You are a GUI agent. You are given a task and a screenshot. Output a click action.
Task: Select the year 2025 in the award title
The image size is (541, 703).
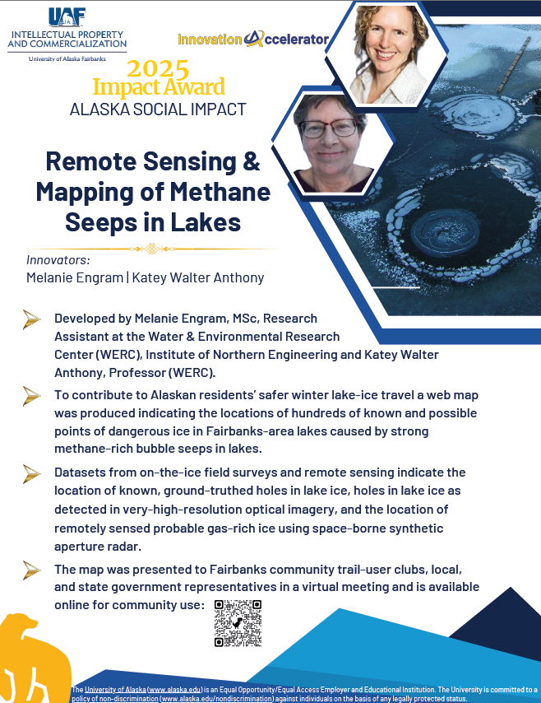[158, 68]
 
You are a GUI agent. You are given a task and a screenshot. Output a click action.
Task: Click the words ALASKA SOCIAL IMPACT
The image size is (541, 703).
[158, 109]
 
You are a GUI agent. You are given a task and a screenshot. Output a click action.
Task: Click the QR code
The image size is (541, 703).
[238, 623]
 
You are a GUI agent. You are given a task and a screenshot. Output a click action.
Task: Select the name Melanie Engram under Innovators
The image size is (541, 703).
[74, 277]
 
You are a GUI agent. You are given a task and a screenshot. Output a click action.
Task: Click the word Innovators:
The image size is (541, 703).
[58, 260]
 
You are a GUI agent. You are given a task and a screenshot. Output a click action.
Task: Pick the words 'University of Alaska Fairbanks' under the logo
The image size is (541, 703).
[67, 59]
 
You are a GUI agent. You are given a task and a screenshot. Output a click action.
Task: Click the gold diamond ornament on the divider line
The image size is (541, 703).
[150, 248]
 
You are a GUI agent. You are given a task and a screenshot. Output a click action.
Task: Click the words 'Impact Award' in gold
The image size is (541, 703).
[159, 86]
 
